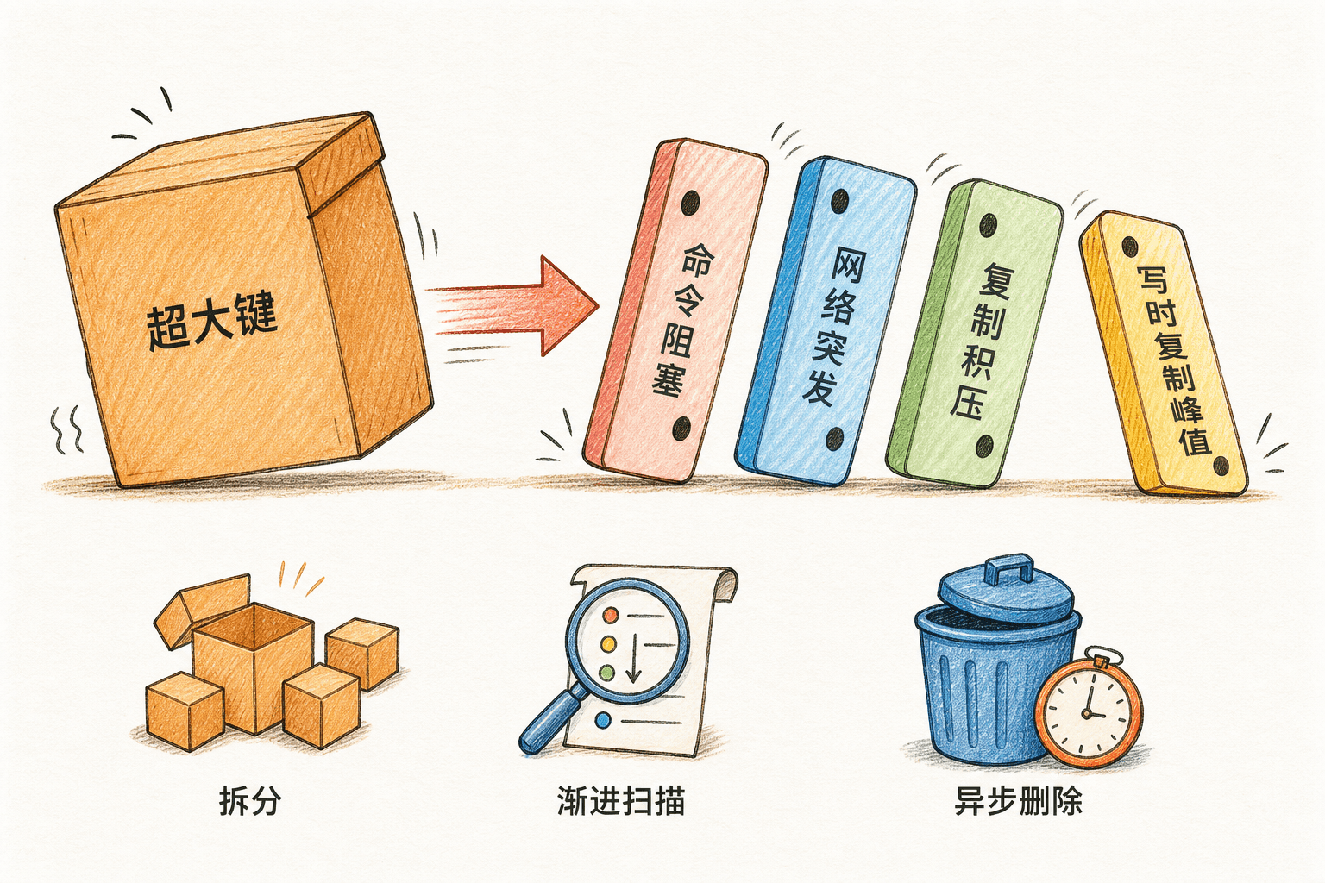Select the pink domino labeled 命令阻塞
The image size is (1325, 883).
pos(675,310)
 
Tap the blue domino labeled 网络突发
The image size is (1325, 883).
pos(826,321)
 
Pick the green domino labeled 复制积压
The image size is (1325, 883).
pos(974,334)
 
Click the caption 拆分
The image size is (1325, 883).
pos(249,801)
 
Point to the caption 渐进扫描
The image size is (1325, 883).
pos(620,801)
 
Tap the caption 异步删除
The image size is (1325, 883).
pos(1018,801)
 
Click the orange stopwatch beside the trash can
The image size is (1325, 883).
pos(1089,710)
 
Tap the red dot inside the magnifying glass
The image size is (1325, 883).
pos(610,615)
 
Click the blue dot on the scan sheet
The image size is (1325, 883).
pos(603,720)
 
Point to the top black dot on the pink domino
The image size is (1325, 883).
pos(690,203)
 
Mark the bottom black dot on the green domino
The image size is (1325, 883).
pos(984,446)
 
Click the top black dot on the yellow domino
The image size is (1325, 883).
pos(1129,246)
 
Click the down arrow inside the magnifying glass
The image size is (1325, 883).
pos(633,658)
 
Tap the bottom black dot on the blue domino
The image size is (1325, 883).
pos(835,439)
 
